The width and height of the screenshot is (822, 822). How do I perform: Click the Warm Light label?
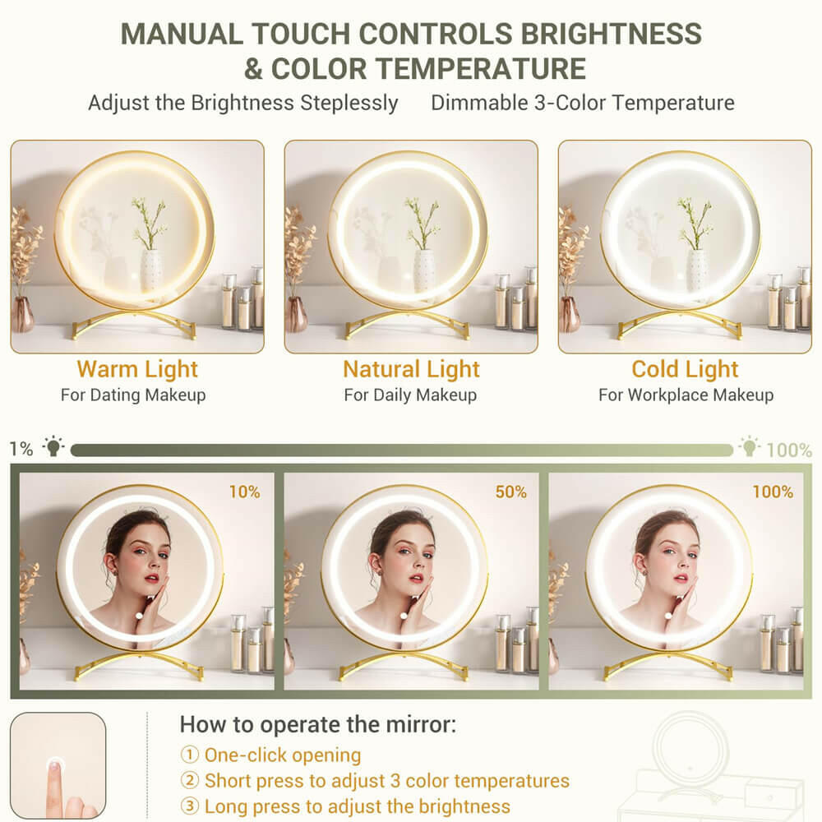[137, 369]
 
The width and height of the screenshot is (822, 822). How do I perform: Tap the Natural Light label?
[412, 369]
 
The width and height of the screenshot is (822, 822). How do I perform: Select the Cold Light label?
[685, 369]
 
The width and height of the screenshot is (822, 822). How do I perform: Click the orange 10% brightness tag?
[245, 492]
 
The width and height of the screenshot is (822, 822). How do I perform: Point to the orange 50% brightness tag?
[511, 492]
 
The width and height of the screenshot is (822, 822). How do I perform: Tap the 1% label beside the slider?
[21, 449]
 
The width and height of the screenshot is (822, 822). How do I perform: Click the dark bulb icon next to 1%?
[53, 446]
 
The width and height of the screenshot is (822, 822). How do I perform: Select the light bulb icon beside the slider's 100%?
[750, 446]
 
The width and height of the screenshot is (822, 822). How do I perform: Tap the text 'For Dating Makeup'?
[133, 395]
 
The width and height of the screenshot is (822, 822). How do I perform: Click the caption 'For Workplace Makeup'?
[686, 395]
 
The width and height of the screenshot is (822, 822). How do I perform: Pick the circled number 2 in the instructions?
[189, 781]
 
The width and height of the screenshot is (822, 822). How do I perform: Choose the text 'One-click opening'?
[283, 755]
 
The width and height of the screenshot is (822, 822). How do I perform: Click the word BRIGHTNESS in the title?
[611, 34]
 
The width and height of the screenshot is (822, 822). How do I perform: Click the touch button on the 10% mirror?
[139, 616]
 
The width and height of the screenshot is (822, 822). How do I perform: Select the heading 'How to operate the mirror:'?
[318, 724]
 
